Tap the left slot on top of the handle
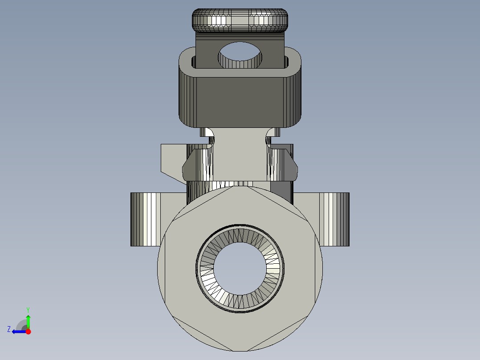pos(193,62)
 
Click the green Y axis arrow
pos(28,320)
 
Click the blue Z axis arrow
pos(18,331)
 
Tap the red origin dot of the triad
pos(28,331)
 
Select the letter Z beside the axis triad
pos(9,329)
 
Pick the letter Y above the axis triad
pos(28,309)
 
